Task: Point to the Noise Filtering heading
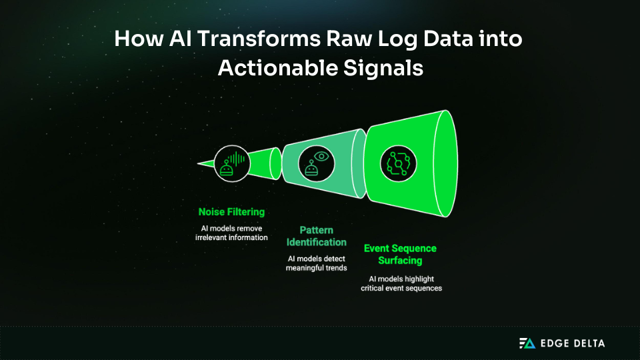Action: pyautogui.click(x=231, y=212)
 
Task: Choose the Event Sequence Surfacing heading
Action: pyautogui.click(x=400, y=254)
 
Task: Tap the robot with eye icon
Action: pyautogui.click(x=315, y=163)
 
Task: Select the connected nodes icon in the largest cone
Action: pyautogui.click(x=399, y=162)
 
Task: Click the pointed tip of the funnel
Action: pyautogui.click(x=199, y=163)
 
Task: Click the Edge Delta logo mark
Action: pyautogui.click(x=527, y=343)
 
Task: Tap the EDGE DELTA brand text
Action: pyautogui.click(x=572, y=343)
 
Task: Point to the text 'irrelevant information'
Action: pyautogui.click(x=231, y=237)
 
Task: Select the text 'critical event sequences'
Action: pyautogui.click(x=401, y=288)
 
